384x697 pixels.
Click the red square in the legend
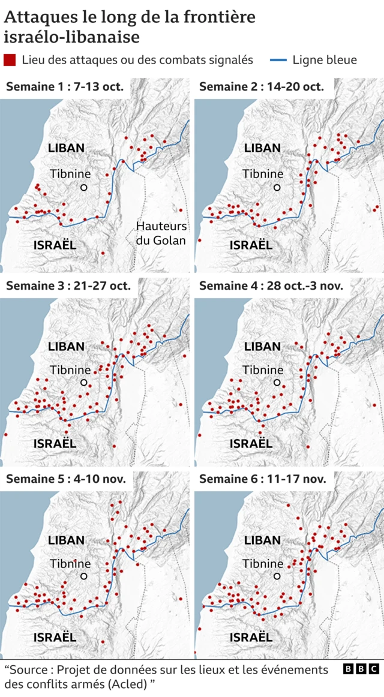tap(10, 60)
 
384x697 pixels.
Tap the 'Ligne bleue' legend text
tap(324, 60)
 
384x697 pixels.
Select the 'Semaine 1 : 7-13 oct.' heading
tap(65, 87)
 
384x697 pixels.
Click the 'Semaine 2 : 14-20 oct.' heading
tap(262, 87)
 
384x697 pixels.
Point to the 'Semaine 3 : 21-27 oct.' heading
tap(68, 286)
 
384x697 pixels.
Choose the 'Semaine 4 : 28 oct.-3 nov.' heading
tap(271, 286)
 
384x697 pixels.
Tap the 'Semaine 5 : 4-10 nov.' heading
tap(66, 479)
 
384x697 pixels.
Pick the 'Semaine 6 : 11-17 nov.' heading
tap(263, 479)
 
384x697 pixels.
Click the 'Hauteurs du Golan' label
tap(161, 233)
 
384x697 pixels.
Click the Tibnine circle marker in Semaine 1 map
tap(84, 187)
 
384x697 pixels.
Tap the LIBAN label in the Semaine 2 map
tap(262, 148)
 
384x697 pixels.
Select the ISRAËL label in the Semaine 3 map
tap(55, 444)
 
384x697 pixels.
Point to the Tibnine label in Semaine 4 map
tap(263, 370)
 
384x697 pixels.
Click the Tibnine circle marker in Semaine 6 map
tap(277, 576)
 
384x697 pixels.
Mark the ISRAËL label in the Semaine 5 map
tap(55, 637)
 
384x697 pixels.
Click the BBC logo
tap(361, 669)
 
